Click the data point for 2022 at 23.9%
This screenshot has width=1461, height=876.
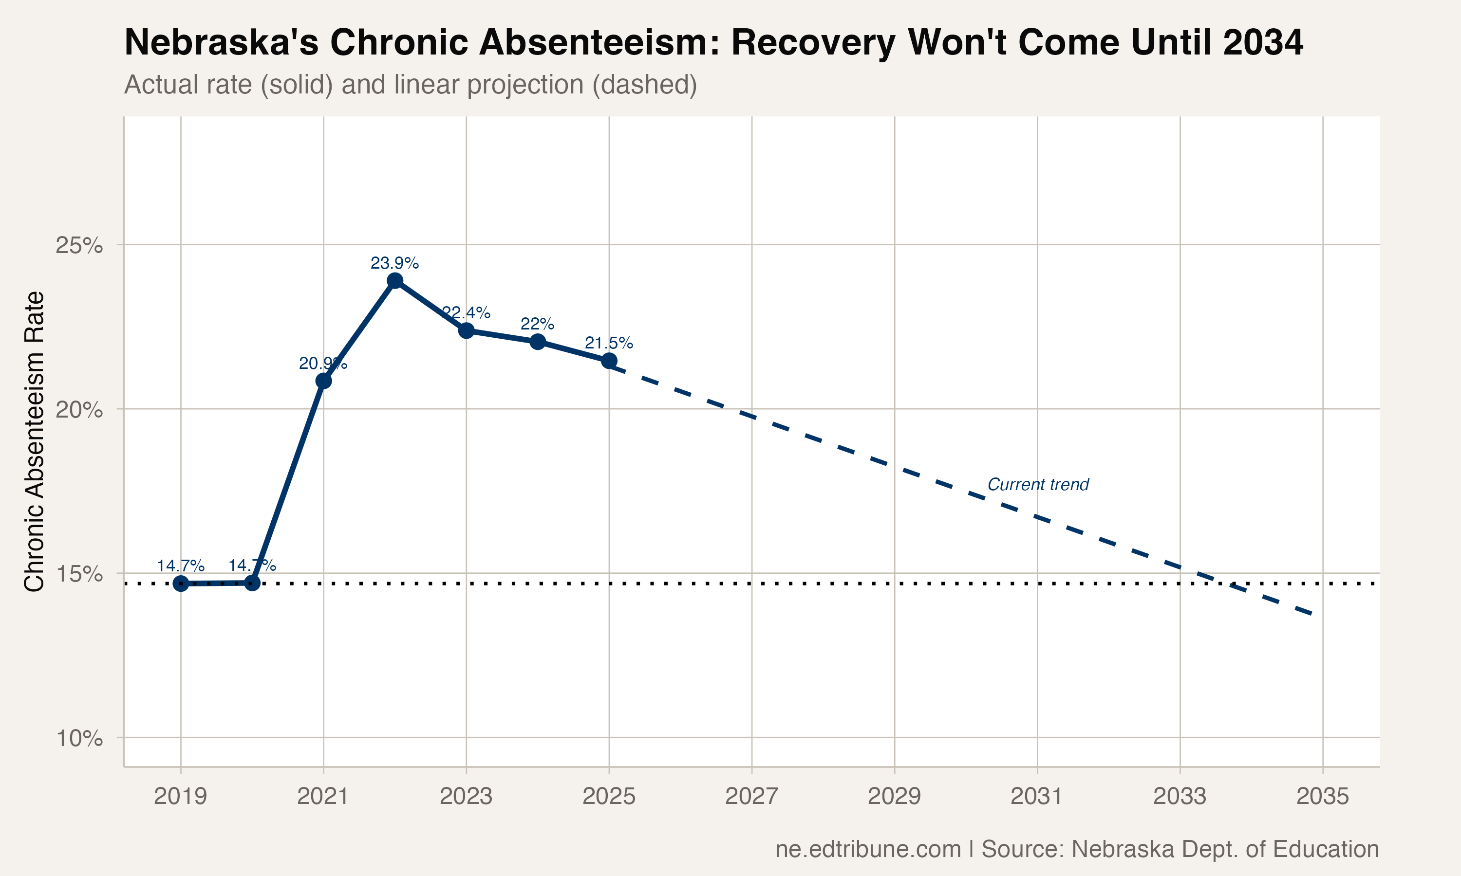[395, 280]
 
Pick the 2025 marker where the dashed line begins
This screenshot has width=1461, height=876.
[609, 361]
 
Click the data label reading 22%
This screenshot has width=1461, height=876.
[537, 324]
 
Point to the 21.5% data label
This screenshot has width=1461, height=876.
[609, 343]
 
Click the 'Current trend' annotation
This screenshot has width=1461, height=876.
[1038, 485]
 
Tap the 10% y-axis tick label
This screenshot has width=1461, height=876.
[79, 738]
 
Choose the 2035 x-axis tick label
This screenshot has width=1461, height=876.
[1322, 797]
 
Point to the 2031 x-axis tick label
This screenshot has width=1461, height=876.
[1037, 797]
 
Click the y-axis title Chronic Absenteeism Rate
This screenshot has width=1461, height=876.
[34, 441]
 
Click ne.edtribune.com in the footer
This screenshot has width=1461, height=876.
[868, 849]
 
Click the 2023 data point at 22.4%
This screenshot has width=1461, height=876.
[466, 330]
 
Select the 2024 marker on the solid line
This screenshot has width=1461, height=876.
[537, 341]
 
